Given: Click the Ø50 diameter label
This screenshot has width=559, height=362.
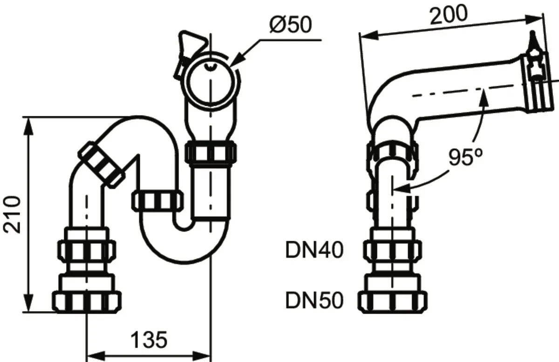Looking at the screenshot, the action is click(291, 24).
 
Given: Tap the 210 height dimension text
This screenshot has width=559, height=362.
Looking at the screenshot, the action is click(12, 215).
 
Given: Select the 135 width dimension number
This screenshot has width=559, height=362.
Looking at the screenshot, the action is click(149, 340).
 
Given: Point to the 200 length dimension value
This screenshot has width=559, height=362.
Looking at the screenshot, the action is click(449, 15).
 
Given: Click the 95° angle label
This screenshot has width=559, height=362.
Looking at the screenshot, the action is click(466, 157).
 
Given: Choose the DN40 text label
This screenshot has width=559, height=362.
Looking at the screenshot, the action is click(314, 250).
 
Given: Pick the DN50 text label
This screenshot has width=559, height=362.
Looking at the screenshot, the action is click(314, 301).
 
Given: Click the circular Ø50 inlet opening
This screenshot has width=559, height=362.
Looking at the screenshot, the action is click(211, 81).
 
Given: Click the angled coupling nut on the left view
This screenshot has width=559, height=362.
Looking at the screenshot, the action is click(102, 165).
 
